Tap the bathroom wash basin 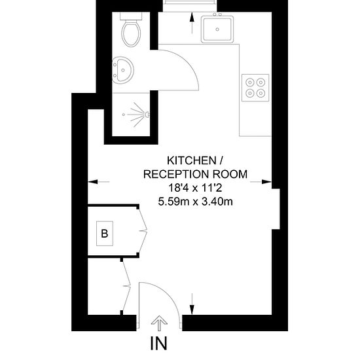[123, 70]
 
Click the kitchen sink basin [217, 29]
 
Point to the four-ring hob [255, 88]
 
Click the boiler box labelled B [105, 234]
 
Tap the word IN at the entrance [158, 343]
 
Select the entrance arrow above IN [159, 323]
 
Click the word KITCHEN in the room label [192, 160]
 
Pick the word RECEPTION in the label [176, 174]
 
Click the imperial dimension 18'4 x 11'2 [196, 188]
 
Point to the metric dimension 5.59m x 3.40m [196, 202]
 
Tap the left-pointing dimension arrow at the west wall [99, 182]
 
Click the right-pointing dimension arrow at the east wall [261, 182]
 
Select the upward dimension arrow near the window [192, 23]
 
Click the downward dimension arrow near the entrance [192, 304]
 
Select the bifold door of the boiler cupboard [142, 231]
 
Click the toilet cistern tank [131, 16]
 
